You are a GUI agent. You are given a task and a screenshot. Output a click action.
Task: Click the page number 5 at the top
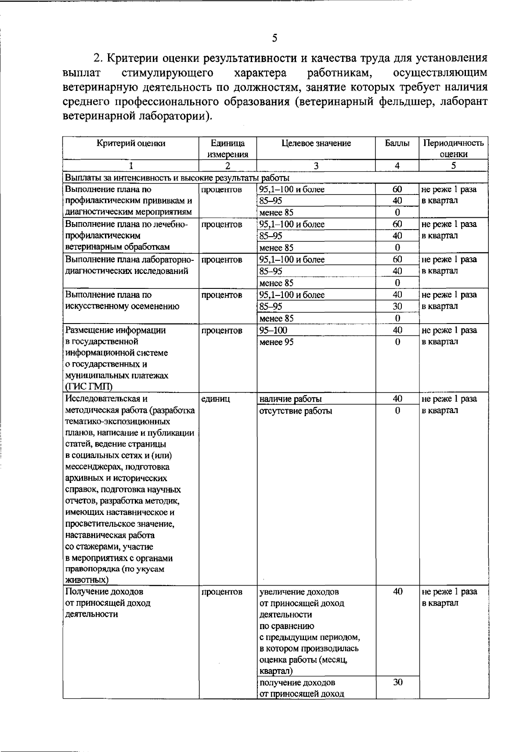(x=274, y=38)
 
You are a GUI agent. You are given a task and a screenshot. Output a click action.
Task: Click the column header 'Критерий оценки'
(x=131, y=143)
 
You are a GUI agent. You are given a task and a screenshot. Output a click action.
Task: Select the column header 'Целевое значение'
(x=316, y=143)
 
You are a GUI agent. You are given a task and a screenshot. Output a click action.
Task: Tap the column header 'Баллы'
(x=397, y=143)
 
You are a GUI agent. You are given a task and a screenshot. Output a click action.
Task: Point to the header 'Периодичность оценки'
(x=453, y=148)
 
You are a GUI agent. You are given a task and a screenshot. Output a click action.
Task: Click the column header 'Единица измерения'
(x=227, y=148)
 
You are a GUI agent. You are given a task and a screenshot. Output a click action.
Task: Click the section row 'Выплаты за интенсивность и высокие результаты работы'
(x=177, y=178)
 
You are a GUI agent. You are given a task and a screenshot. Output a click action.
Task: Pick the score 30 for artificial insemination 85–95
(x=397, y=306)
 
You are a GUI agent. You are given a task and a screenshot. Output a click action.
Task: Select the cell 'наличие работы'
(x=290, y=399)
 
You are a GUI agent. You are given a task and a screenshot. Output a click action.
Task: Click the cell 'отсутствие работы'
(x=296, y=411)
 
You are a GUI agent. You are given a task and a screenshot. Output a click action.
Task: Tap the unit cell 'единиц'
(x=215, y=399)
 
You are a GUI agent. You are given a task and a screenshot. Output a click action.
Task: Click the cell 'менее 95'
(x=277, y=342)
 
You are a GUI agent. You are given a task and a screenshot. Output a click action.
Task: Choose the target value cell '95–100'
(x=273, y=330)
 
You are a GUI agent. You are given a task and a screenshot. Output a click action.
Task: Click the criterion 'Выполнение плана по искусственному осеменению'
(x=122, y=301)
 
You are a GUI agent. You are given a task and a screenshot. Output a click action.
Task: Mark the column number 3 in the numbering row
(x=316, y=166)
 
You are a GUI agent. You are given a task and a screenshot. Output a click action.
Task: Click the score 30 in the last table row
(x=397, y=682)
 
